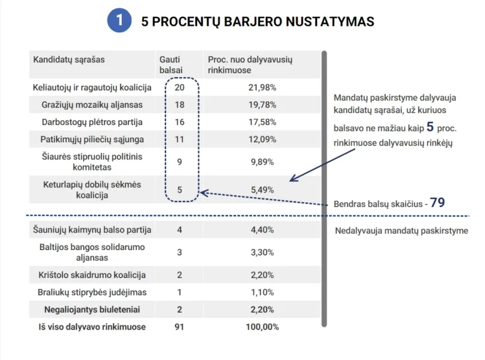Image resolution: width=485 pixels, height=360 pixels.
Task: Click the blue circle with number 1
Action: [119, 21]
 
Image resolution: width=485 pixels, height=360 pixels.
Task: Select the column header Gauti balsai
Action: [171, 64]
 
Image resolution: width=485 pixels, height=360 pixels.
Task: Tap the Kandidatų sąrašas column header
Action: [69, 59]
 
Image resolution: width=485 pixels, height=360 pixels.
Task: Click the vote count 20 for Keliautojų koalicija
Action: [179, 87]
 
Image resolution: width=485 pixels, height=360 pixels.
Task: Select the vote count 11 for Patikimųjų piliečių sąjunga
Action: [179, 139]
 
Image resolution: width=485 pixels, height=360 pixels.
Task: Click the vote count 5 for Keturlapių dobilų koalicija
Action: [179, 189]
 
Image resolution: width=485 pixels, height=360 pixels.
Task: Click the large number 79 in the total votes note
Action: [438, 203]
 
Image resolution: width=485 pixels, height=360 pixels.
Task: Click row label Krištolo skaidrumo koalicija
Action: [92, 275]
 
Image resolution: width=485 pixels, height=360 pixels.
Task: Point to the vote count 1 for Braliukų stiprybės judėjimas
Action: [179, 292]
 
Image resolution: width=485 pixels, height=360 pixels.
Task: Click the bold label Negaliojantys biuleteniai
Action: [92, 309]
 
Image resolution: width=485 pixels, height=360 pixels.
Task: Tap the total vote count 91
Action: [179, 327]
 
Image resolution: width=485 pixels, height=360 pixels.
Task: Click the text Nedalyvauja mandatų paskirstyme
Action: [401, 231]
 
